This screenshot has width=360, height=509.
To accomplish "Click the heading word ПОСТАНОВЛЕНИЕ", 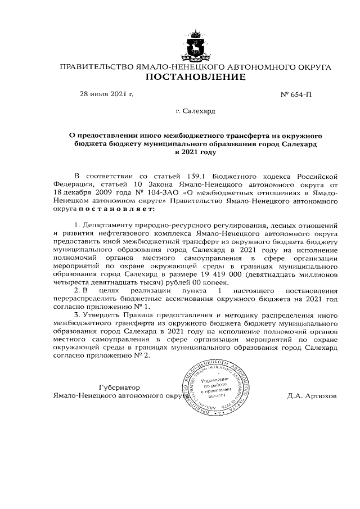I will click(x=195, y=77).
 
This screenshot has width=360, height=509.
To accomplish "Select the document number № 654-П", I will click(x=295, y=94).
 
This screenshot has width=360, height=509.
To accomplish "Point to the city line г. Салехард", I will click(x=195, y=111).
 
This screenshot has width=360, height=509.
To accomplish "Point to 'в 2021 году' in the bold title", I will click(x=195, y=152).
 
